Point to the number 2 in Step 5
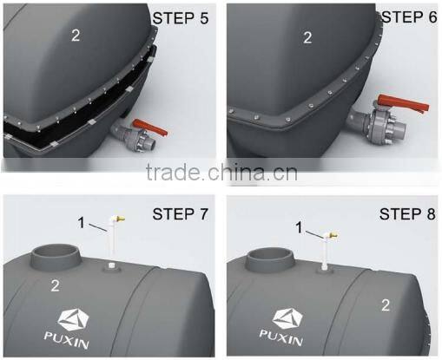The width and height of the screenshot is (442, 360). [75, 36]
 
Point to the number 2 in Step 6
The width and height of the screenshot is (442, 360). [307, 37]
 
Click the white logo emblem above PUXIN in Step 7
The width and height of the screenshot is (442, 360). [84, 318]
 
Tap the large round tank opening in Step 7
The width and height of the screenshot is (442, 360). [56, 258]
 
